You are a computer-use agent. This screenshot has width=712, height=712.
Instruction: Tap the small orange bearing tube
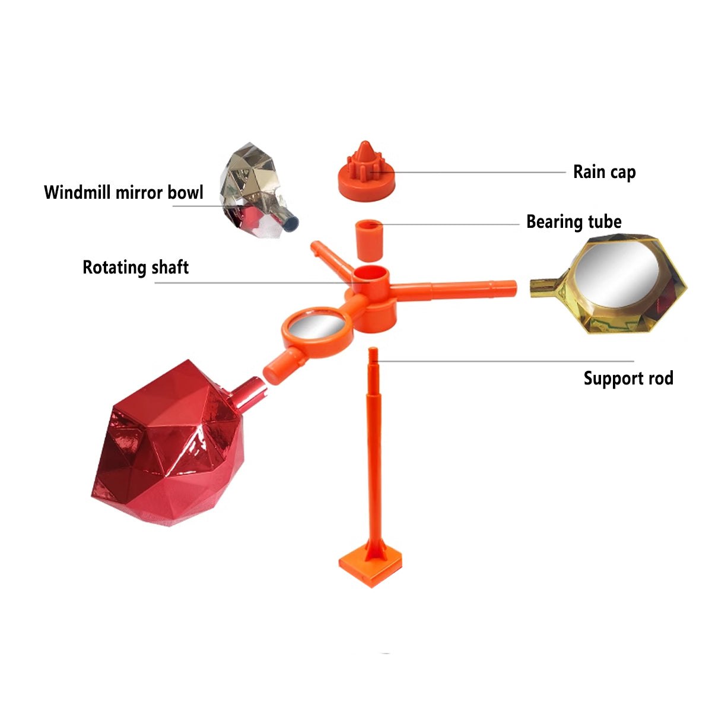(x=368, y=240)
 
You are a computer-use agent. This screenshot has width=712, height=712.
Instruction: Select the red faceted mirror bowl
(x=170, y=445)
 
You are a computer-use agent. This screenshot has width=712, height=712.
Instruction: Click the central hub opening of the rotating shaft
(x=371, y=275)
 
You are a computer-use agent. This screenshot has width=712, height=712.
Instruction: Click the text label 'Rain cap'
(x=604, y=172)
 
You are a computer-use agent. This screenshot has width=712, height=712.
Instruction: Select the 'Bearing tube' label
(x=574, y=222)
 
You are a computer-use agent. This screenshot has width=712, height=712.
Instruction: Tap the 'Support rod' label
(x=628, y=378)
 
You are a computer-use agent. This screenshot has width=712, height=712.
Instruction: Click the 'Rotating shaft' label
(x=135, y=268)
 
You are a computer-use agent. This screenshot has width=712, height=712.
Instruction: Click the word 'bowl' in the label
(x=185, y=192)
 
